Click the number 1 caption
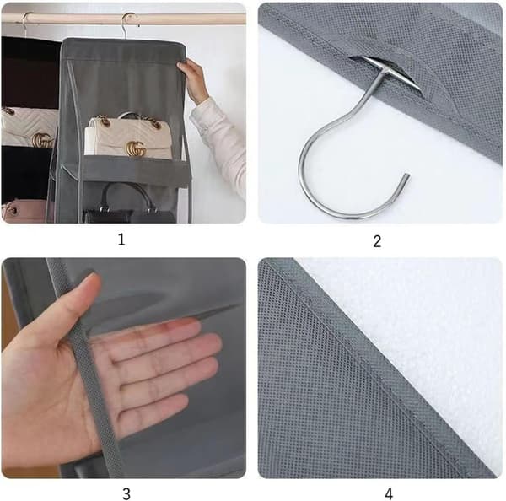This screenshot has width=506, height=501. tap(121, 240)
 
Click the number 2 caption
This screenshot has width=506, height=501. tap(377, 241)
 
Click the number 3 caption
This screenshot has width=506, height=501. tap(126, 494)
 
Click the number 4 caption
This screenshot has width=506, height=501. tap(389, 494)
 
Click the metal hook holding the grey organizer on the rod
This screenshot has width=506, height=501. tap(128, 24)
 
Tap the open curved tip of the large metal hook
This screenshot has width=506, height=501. tap(406, 175)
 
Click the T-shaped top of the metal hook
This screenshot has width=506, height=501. tap(390, 72)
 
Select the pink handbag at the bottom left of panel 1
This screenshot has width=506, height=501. tap(24, 211)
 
